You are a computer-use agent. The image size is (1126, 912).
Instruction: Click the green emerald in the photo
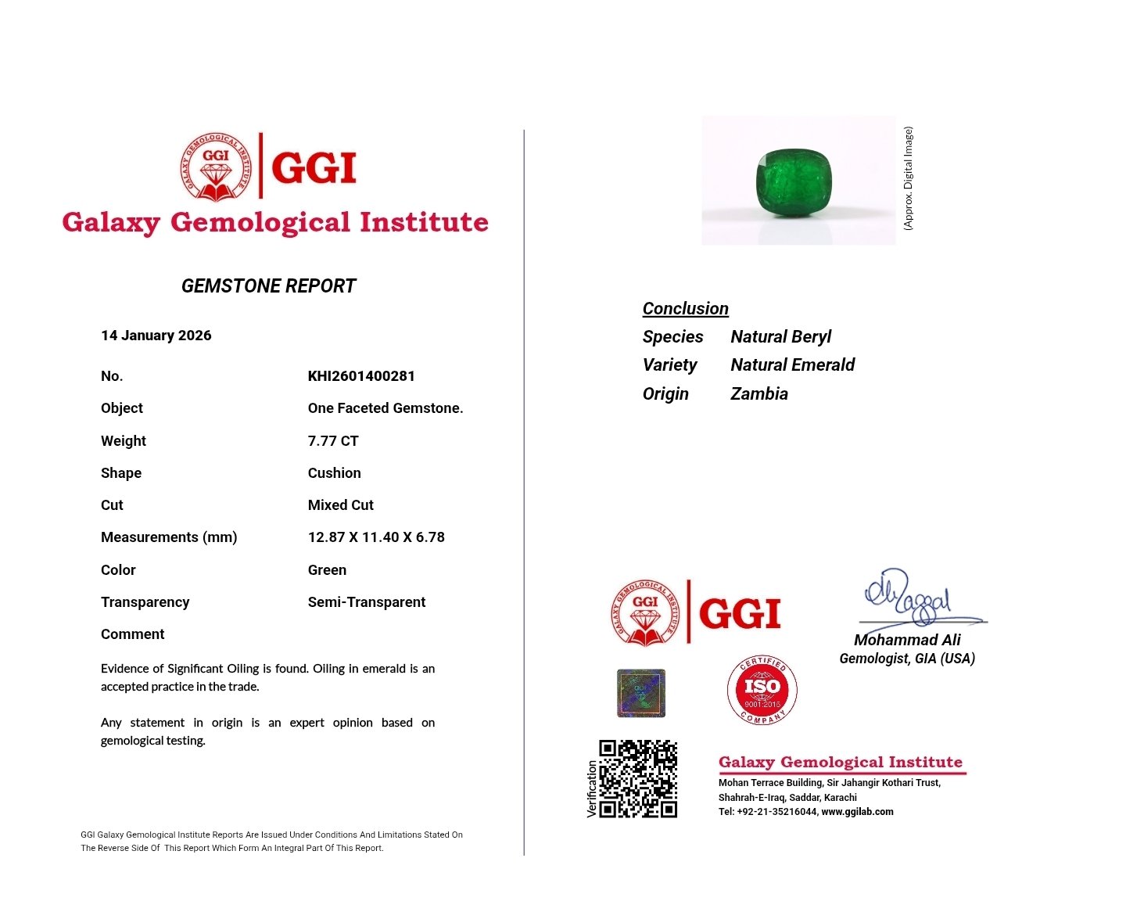click(x=798, y=181)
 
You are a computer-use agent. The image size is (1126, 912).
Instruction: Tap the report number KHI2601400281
click(x=361, y=376)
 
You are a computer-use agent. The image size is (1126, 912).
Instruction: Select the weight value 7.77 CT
click(x=333, y=441)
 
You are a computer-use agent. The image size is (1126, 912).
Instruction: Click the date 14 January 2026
click(x=156, y=336)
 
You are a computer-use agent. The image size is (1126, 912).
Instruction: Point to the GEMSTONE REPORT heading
click(x=268, y=286)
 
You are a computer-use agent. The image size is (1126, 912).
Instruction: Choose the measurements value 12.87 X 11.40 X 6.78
click(x=376, y=537)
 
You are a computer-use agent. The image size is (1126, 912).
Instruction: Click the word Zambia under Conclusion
click(x=759, y=394)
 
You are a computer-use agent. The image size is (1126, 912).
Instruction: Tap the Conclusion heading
click(x=685, y=309)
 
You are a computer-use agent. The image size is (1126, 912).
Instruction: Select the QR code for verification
click(x=638, y=779)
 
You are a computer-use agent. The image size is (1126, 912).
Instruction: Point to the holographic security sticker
click(x=641, y=693)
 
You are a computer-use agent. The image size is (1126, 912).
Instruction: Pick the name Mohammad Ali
click(x=907, y=640)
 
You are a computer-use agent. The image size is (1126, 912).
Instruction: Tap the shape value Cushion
click(x=335, y=473)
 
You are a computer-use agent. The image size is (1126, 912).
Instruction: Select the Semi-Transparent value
click(x=367, y=602)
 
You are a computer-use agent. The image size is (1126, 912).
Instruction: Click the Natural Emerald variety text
click(x=792, y=365)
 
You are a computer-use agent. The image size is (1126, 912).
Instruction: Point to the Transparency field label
click(x=145, y=602)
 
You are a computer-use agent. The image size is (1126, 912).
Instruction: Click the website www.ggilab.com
click(x=857, y=812)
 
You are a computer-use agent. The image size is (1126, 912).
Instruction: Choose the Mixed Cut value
click(x=341, y=505)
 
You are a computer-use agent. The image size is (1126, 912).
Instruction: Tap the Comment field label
click(x=133, y=634)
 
